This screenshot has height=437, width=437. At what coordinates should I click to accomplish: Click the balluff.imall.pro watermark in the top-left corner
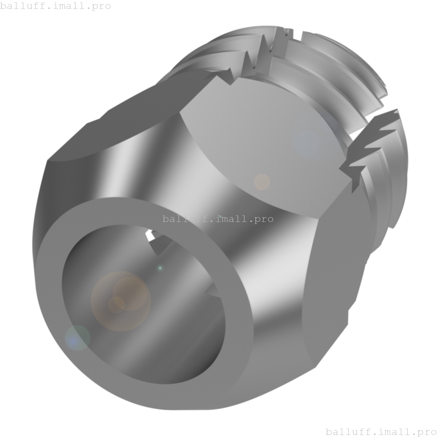pyautogui.click(x=55, y=6)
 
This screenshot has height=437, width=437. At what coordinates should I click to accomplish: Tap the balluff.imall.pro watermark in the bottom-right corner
pyautogui.click(x=381, y=432)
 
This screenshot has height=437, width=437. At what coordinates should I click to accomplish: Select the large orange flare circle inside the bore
pyautogui.click(x=121, y=301)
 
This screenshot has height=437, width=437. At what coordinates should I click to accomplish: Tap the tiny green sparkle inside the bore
pyautogui.click(x=160, y=268)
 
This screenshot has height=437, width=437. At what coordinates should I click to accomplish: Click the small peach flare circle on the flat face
pyautogui.click(x=262, y=182)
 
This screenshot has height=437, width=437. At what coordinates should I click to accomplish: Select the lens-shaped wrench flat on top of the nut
pyautogui.click(x=266, y=143)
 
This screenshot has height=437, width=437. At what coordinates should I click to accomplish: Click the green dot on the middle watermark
pyautogui.click(x=221, y=216)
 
